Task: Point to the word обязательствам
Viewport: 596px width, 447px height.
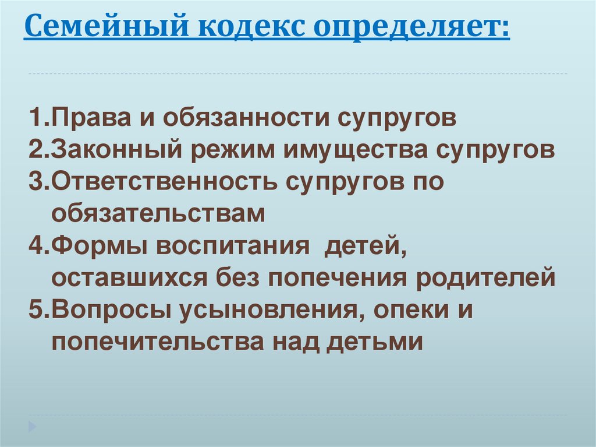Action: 158,213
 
